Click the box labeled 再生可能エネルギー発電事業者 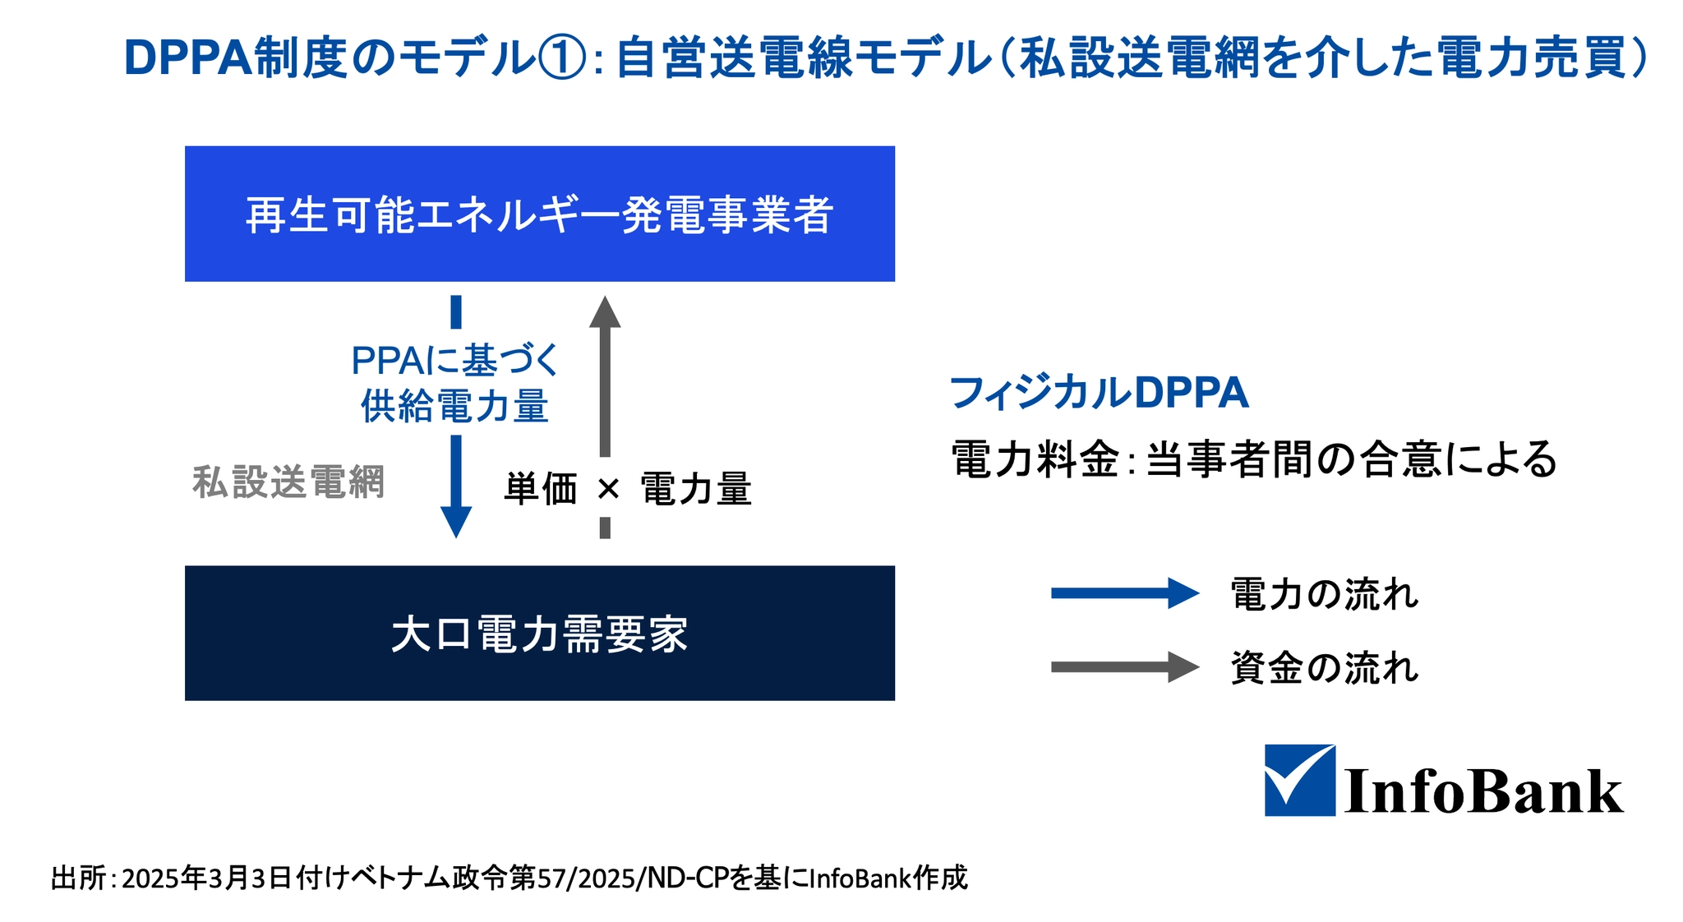click(x=539, y=214)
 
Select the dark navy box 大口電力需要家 click(x=539, y=633)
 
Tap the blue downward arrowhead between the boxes click(x=456, y=523)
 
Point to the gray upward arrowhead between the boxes click(x=605, y=312)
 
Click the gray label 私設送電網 click(x=288, y=482)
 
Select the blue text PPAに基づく click(x=454, y=360)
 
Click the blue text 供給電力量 click(x=454, y=406)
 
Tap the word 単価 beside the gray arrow click(x=541, y=489)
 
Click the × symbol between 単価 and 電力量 click(x=608, y=490)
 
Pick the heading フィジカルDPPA click(x=1099, y=393)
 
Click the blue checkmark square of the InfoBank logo click(x=1299, y=780)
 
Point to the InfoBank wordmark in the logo click(x=1483, y=791)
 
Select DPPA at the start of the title click(x=187, y=58)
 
